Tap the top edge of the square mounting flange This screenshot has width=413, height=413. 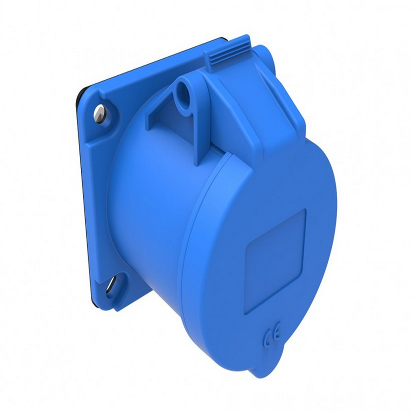(x=151, y=64)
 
